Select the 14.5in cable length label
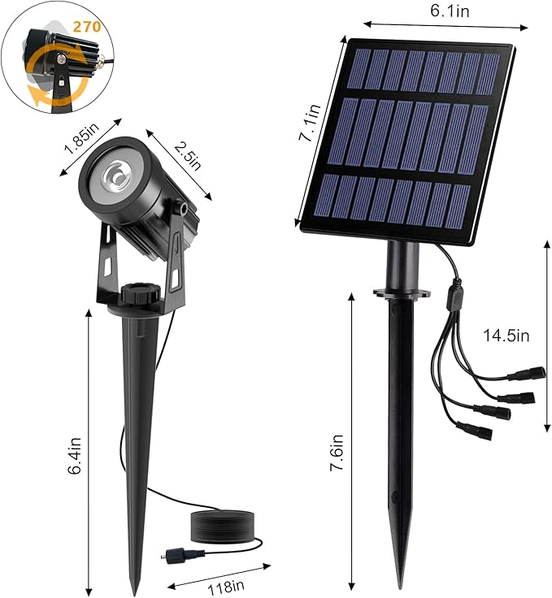[506, 335]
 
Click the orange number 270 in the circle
[86, 26]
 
